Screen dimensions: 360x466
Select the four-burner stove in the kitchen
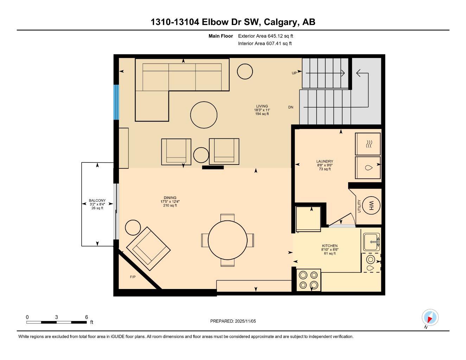coord(308,280)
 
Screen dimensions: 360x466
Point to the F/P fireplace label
coord(133,277)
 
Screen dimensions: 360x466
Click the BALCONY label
coord(97,201)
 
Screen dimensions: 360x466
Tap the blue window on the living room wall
coord(116,102)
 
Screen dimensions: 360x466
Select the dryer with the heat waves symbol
coord(368,144)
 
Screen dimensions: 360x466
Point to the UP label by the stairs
coord(294,73)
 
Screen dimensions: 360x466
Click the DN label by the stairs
coord(291,108)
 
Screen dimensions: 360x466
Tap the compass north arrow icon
coord(430,318)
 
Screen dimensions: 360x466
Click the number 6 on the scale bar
coord(87,317)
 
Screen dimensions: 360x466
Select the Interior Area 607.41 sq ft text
coord(265,44)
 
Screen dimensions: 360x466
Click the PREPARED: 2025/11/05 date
coord(233,321)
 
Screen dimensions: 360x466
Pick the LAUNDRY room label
coord(325,162)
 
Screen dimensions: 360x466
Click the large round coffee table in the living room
coord(204,115)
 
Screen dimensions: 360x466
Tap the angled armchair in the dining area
coord(148,246)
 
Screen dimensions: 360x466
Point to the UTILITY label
coord(359,206)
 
